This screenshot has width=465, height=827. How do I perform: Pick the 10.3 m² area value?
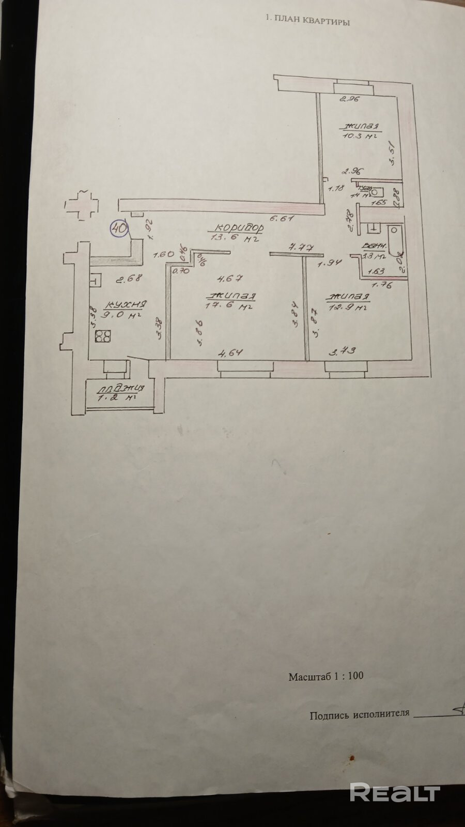[x=358, y=135]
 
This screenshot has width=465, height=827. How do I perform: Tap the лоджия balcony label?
[x=121, y=388]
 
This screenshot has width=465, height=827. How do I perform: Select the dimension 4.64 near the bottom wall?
[x=230, y=354]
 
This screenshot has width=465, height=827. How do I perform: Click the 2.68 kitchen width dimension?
[x=128, y=279]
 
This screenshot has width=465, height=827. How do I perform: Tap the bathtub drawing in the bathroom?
[x=396, y=240]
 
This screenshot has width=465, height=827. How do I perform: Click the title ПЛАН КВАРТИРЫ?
[x=307, y=22]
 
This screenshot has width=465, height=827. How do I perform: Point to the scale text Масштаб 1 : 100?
[x=326, y=676]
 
